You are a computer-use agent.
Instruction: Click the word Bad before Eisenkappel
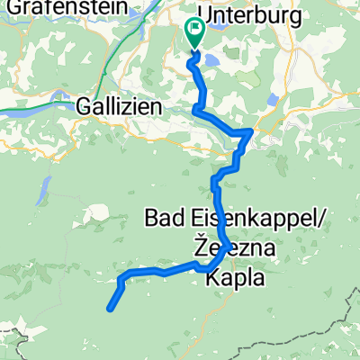[x=166, y=218]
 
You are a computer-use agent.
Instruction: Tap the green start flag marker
[x=193, y=31]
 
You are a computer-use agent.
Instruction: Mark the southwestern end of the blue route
[x=110, y=310]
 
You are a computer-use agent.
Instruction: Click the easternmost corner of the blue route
[x=250, y=131]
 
